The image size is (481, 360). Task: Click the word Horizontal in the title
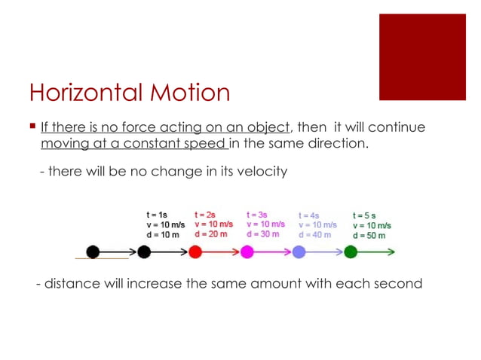point(82,93)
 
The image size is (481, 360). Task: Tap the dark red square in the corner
point(422,56)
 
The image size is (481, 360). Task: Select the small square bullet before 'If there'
point(32,127)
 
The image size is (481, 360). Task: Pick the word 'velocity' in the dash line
point(259,172)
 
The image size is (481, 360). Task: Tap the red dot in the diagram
point(195,252)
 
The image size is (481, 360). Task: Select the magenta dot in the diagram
point(247,252)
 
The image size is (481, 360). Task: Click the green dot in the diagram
point(350,252)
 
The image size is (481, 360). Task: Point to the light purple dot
point(298,252)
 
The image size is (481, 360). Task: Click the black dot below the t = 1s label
point(144,252)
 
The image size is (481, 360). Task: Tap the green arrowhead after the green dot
point(390,252)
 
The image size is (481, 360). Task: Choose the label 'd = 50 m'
point(369,235)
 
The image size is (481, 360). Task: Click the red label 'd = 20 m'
point(211,234)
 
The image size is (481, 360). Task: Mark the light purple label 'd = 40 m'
point(314,235)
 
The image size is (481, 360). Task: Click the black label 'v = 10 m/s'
point(165,224)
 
